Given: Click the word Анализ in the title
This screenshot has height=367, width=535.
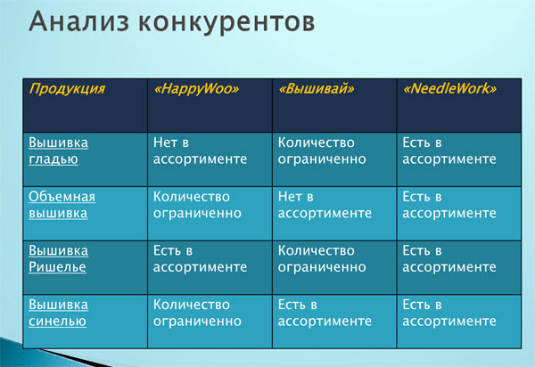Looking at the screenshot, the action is click(x=79, y=21).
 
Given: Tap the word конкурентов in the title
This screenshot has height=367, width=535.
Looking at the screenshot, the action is click(x=226, y=22).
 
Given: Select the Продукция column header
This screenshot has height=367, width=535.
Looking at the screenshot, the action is click(x=67, y=89).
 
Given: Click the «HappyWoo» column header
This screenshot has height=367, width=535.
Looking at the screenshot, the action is click(x=196, y=89).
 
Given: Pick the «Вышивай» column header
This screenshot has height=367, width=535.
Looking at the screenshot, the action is click(x=317, y=89).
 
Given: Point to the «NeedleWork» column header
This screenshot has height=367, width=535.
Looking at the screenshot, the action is click(x=449, y=89).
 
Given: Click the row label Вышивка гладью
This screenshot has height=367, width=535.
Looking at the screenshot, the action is click(x=58, y=151).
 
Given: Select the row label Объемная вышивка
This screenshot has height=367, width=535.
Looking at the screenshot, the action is click(x=62, y=205).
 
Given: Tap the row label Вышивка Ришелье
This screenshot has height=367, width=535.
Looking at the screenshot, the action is click(x=58, y=258).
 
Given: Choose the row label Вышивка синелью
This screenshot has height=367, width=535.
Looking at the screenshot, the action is click(x=58, y=313).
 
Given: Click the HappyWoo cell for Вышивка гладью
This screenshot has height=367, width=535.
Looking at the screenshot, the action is click(x=200, y=151).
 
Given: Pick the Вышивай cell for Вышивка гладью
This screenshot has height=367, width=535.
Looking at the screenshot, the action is click(x=322, y=151).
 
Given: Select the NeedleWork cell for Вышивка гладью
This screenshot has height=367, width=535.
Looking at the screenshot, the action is click(x=449, y=151).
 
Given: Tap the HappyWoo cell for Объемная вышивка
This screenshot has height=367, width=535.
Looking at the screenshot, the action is click(x=197, y=205).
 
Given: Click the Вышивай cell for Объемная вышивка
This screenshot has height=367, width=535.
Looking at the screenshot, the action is click(x=325, y=205).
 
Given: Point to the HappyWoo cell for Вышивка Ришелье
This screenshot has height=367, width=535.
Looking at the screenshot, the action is click(x=200, y=258).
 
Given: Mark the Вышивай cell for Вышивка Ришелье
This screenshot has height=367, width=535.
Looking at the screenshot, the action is click(x=322, y=258).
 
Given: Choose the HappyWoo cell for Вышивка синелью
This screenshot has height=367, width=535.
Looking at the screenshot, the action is click(x=197, y=313).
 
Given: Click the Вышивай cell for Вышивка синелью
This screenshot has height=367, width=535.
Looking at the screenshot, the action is click(x=325, y=313).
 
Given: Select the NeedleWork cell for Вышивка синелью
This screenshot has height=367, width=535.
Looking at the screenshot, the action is click(x=449, y=313).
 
